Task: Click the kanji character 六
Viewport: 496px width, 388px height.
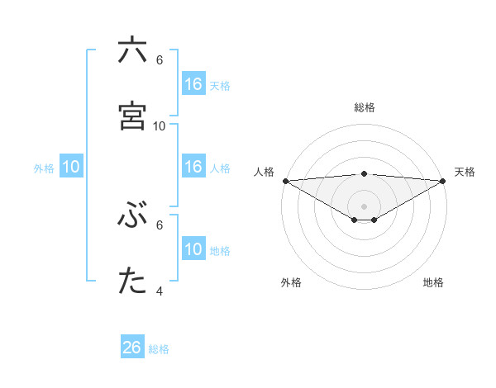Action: coord(132,51)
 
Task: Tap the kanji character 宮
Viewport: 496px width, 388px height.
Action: coord(132,116)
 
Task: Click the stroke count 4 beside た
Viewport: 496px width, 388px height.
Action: coord(159,291)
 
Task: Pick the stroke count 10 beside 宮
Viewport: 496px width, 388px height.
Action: coord(160,125)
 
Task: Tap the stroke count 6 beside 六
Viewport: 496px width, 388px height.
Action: coord(159,59)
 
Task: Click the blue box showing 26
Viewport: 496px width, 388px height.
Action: coord(132,348)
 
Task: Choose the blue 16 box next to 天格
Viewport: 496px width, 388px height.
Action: coord(193,84)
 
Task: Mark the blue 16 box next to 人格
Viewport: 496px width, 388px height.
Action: coord(193,167)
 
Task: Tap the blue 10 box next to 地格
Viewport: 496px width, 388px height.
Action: coord(193,249)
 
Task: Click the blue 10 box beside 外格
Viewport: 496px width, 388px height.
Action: coord(71,167)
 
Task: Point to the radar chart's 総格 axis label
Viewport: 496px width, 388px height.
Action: coord(365,107)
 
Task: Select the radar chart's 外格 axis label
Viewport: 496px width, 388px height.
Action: coord(291,282)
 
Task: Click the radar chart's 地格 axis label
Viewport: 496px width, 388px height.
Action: coord(433,282)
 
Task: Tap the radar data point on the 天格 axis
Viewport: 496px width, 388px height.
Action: coord(443,181)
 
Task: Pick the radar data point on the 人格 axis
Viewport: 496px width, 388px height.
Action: coord(285,181)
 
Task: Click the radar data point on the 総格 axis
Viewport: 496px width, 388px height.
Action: coord(365,173)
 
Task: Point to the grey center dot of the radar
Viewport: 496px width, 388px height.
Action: coord(365,206)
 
